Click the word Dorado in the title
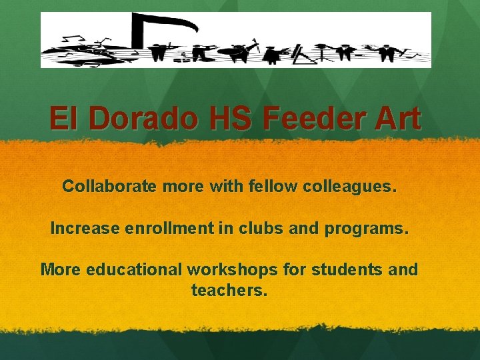click(142, 119)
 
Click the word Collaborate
click(110, 186)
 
